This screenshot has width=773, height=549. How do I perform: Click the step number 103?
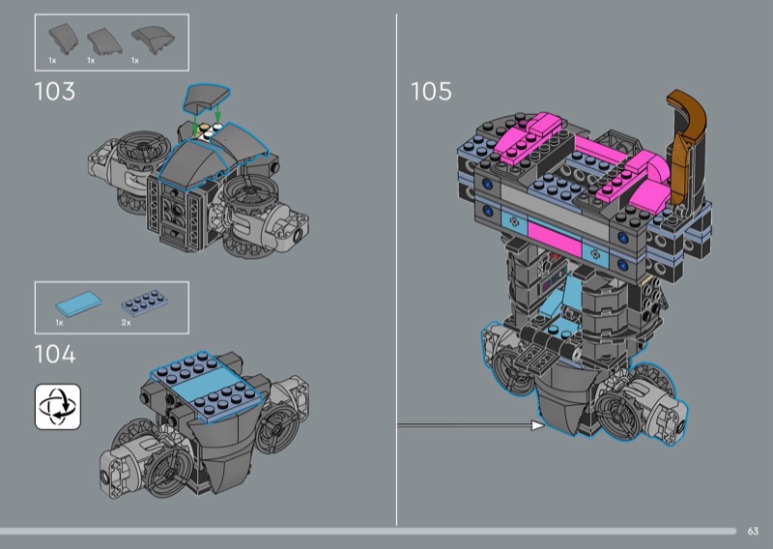tap(55, 92)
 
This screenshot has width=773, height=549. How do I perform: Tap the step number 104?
tap(55, 354)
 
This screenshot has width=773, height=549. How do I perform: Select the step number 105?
tap(431, 92)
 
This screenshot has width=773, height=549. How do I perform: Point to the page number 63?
tap(753, 531)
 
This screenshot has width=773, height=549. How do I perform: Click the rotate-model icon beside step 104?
tap(58, 407)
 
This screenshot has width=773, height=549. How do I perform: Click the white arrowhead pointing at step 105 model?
tap(537, 424)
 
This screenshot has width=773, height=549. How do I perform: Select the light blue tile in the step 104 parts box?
tap(79, 303)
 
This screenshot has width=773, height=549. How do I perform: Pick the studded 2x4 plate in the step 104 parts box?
tap(144, 303)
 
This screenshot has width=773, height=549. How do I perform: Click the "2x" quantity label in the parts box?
tap(127, 323)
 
